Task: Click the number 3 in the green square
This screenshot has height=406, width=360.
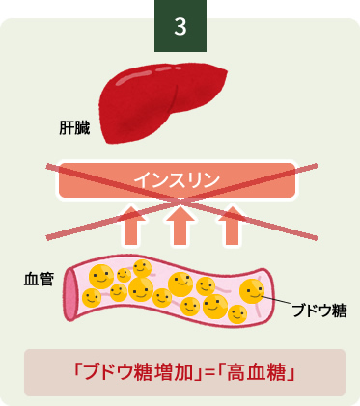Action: point(180,26)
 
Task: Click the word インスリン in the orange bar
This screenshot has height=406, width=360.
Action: point(179,178)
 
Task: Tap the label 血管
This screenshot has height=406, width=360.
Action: point(38,279)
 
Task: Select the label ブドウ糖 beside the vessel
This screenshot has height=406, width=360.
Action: point(318,311)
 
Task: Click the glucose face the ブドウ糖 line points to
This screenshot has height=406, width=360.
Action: point(253,289)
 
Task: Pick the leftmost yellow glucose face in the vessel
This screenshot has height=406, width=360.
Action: point(89,297)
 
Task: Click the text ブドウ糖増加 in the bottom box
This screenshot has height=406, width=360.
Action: point(134,372)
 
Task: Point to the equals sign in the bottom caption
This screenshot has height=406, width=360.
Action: point(203,372)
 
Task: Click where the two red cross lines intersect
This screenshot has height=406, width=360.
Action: point(180,200)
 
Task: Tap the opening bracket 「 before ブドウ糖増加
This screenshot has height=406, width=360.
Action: point(78,371)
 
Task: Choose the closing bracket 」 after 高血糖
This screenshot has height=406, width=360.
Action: point(290,372)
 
